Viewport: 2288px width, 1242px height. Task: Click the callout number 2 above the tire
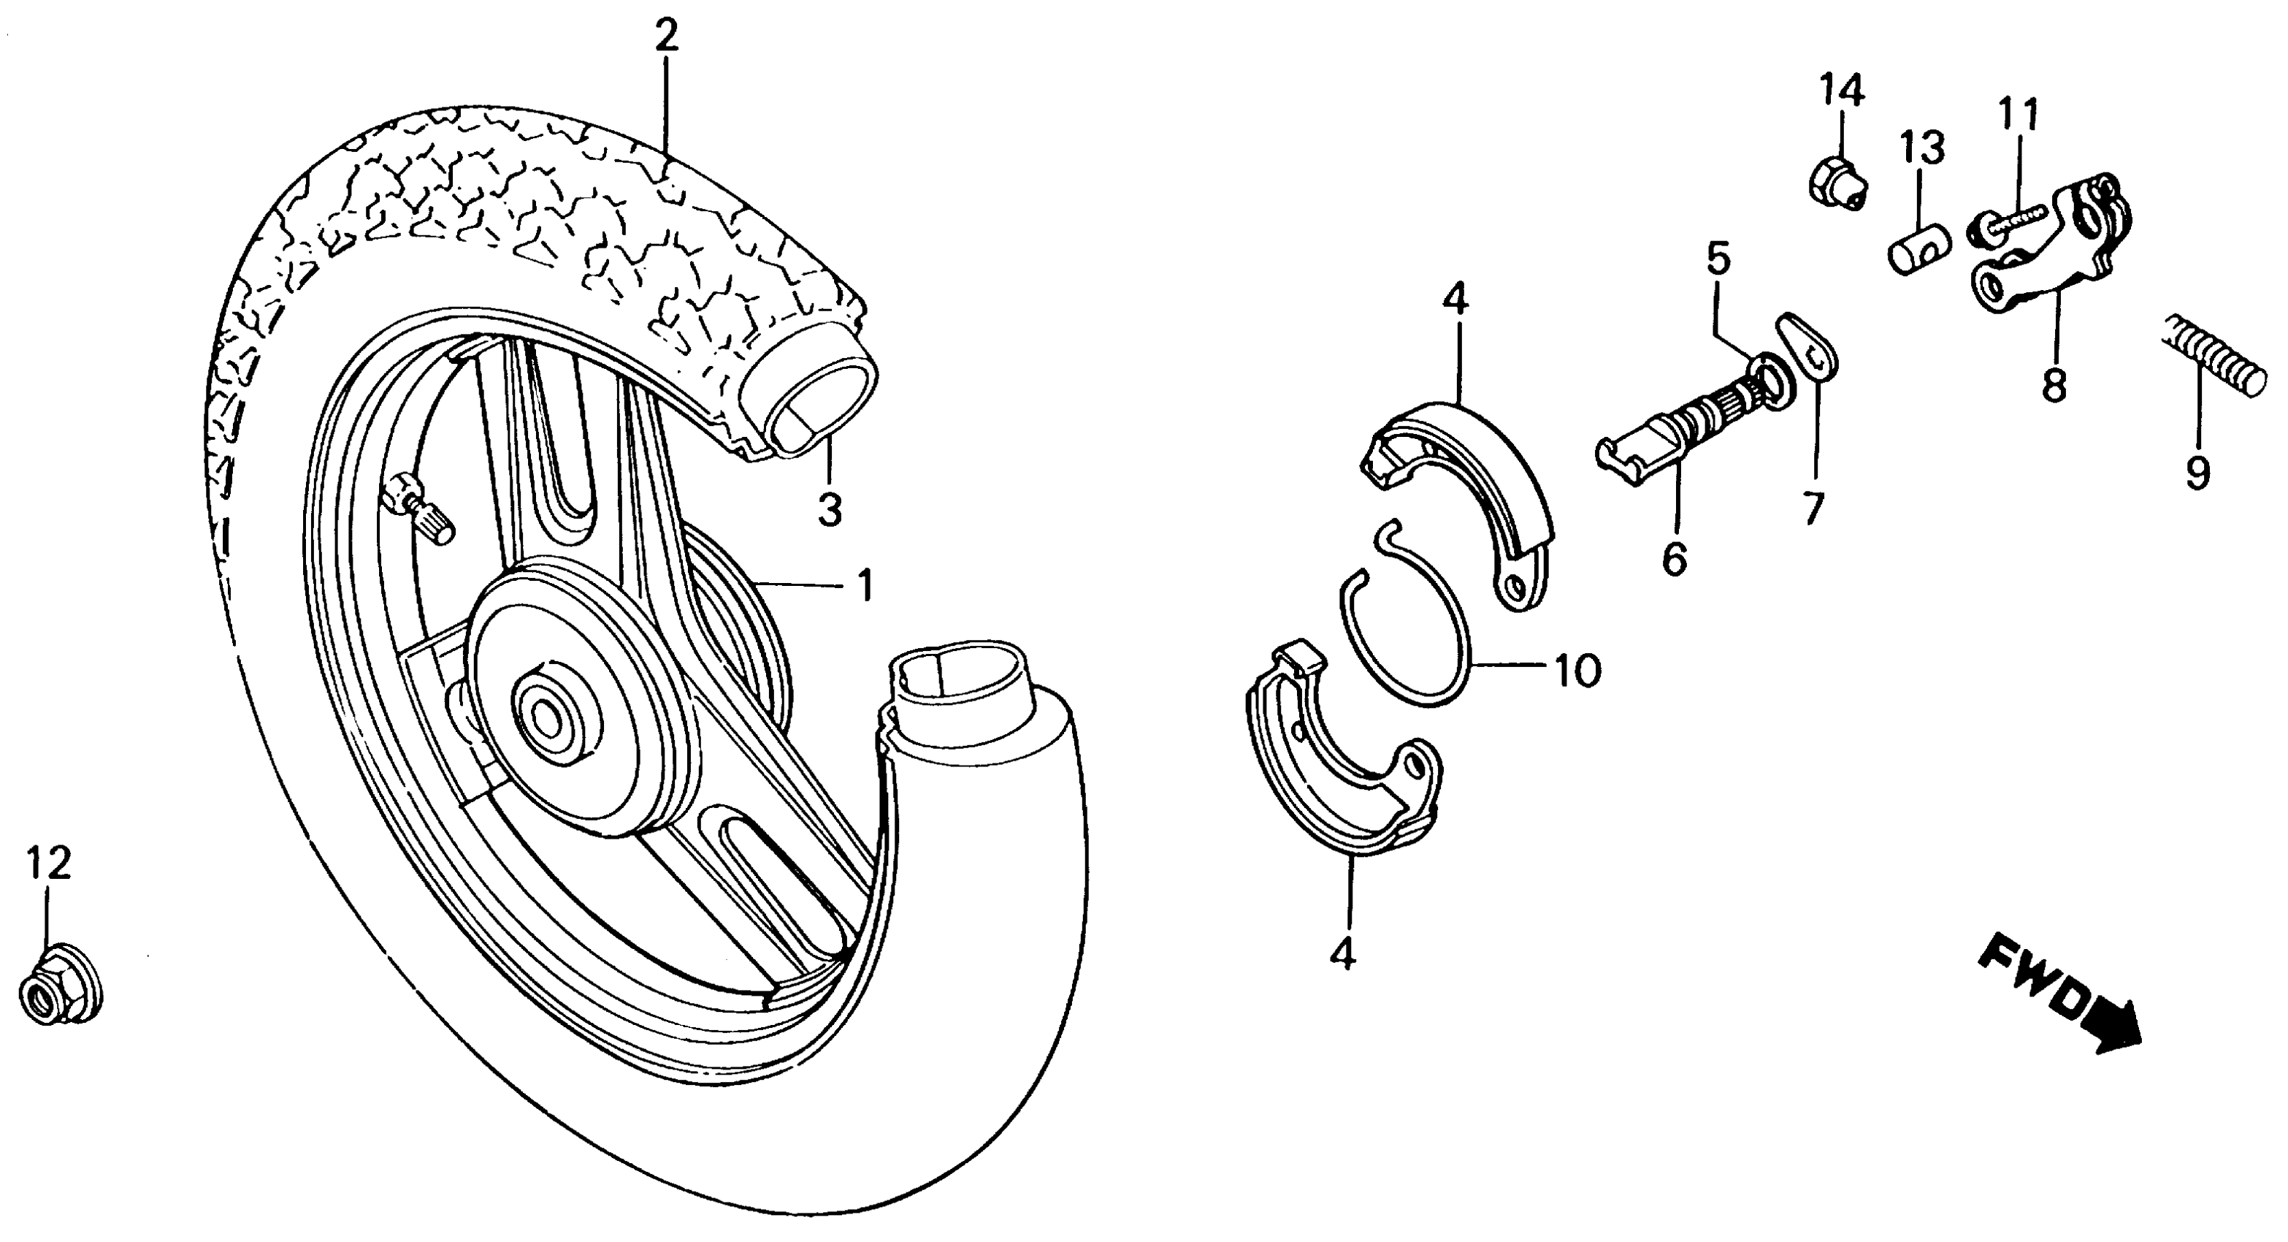pyautogui.click(x=666, y=37)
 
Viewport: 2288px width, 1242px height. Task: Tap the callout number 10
pyautogui.click(x=1576, y=670)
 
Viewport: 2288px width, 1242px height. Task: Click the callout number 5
pyautogui.click(x=1717, y=259)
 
